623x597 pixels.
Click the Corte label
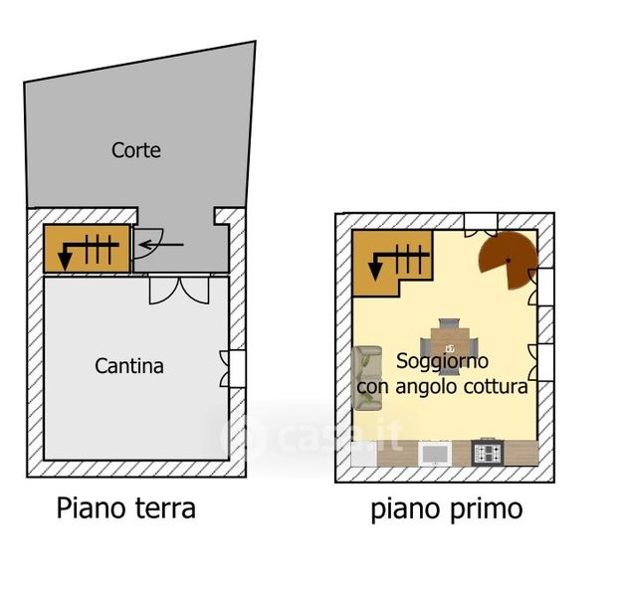136,151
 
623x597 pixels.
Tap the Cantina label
129,366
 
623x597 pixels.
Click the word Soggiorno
443,361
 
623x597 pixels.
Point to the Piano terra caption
125,508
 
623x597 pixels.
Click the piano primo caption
446,509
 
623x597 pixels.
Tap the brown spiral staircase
509,260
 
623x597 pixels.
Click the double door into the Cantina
178,289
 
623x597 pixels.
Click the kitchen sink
434,453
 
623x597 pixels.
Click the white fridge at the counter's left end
365,452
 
